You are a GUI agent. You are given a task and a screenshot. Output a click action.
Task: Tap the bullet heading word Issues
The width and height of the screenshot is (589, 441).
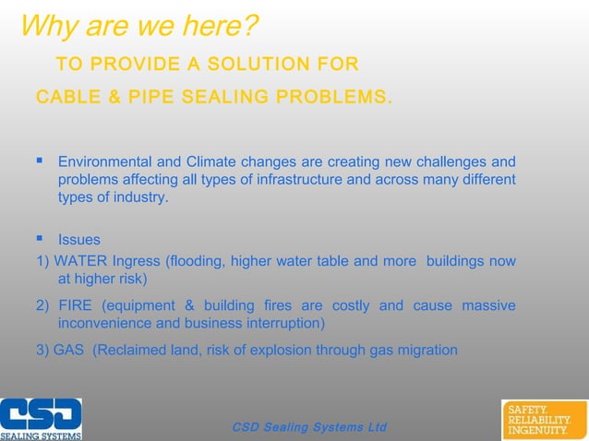[x=79, y=241]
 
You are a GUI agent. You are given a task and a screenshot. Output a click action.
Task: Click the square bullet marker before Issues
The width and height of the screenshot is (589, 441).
[x=40, y=240]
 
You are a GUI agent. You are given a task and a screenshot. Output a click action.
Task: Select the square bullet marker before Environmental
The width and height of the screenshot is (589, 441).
[x=40, y=161]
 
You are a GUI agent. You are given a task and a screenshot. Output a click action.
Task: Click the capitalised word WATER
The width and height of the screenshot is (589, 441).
[x=81, y=261]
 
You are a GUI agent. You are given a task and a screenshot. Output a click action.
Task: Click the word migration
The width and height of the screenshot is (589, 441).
[x=426, y=350]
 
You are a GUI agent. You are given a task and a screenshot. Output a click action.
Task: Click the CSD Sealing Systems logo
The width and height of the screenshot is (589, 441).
[x=41, y=419]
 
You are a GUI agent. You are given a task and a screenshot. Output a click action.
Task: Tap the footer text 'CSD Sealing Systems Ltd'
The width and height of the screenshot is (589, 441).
[x=309, y=427]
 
